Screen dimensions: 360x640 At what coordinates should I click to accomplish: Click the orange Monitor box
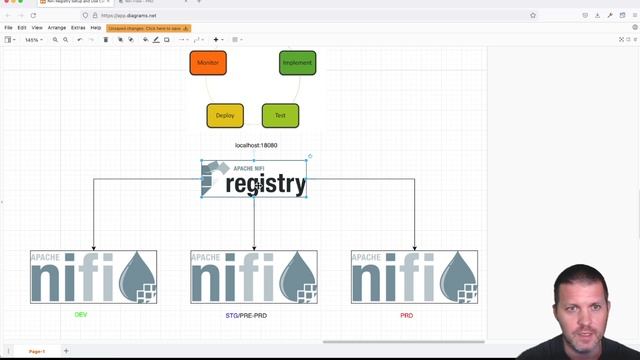[208, 63]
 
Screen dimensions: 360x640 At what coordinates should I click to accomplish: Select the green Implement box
[297, 63]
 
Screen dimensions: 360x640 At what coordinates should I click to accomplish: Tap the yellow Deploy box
[225, 115]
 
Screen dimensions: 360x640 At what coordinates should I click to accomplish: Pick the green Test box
[280, 115]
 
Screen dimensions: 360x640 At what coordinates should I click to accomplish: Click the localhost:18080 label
[256, 145]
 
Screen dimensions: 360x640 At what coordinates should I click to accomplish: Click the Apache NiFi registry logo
[254, 179]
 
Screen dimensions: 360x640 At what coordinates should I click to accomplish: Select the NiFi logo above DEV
[93, 276]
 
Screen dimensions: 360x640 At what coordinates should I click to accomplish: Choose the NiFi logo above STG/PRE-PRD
[254, 276]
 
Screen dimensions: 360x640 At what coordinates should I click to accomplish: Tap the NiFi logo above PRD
[414, 276]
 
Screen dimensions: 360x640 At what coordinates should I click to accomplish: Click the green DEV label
[81, 315]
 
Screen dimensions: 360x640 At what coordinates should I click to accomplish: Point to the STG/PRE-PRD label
[246, 315]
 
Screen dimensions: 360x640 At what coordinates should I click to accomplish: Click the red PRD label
[406, 315]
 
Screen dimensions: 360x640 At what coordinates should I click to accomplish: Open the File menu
[8, 28]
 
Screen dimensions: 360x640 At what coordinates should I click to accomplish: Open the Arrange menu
[56, 28]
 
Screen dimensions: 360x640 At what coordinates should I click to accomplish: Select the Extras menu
[78, 28]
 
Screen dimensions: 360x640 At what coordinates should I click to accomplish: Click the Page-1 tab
[36, 351]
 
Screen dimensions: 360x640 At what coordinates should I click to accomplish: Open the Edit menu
[22, 28]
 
